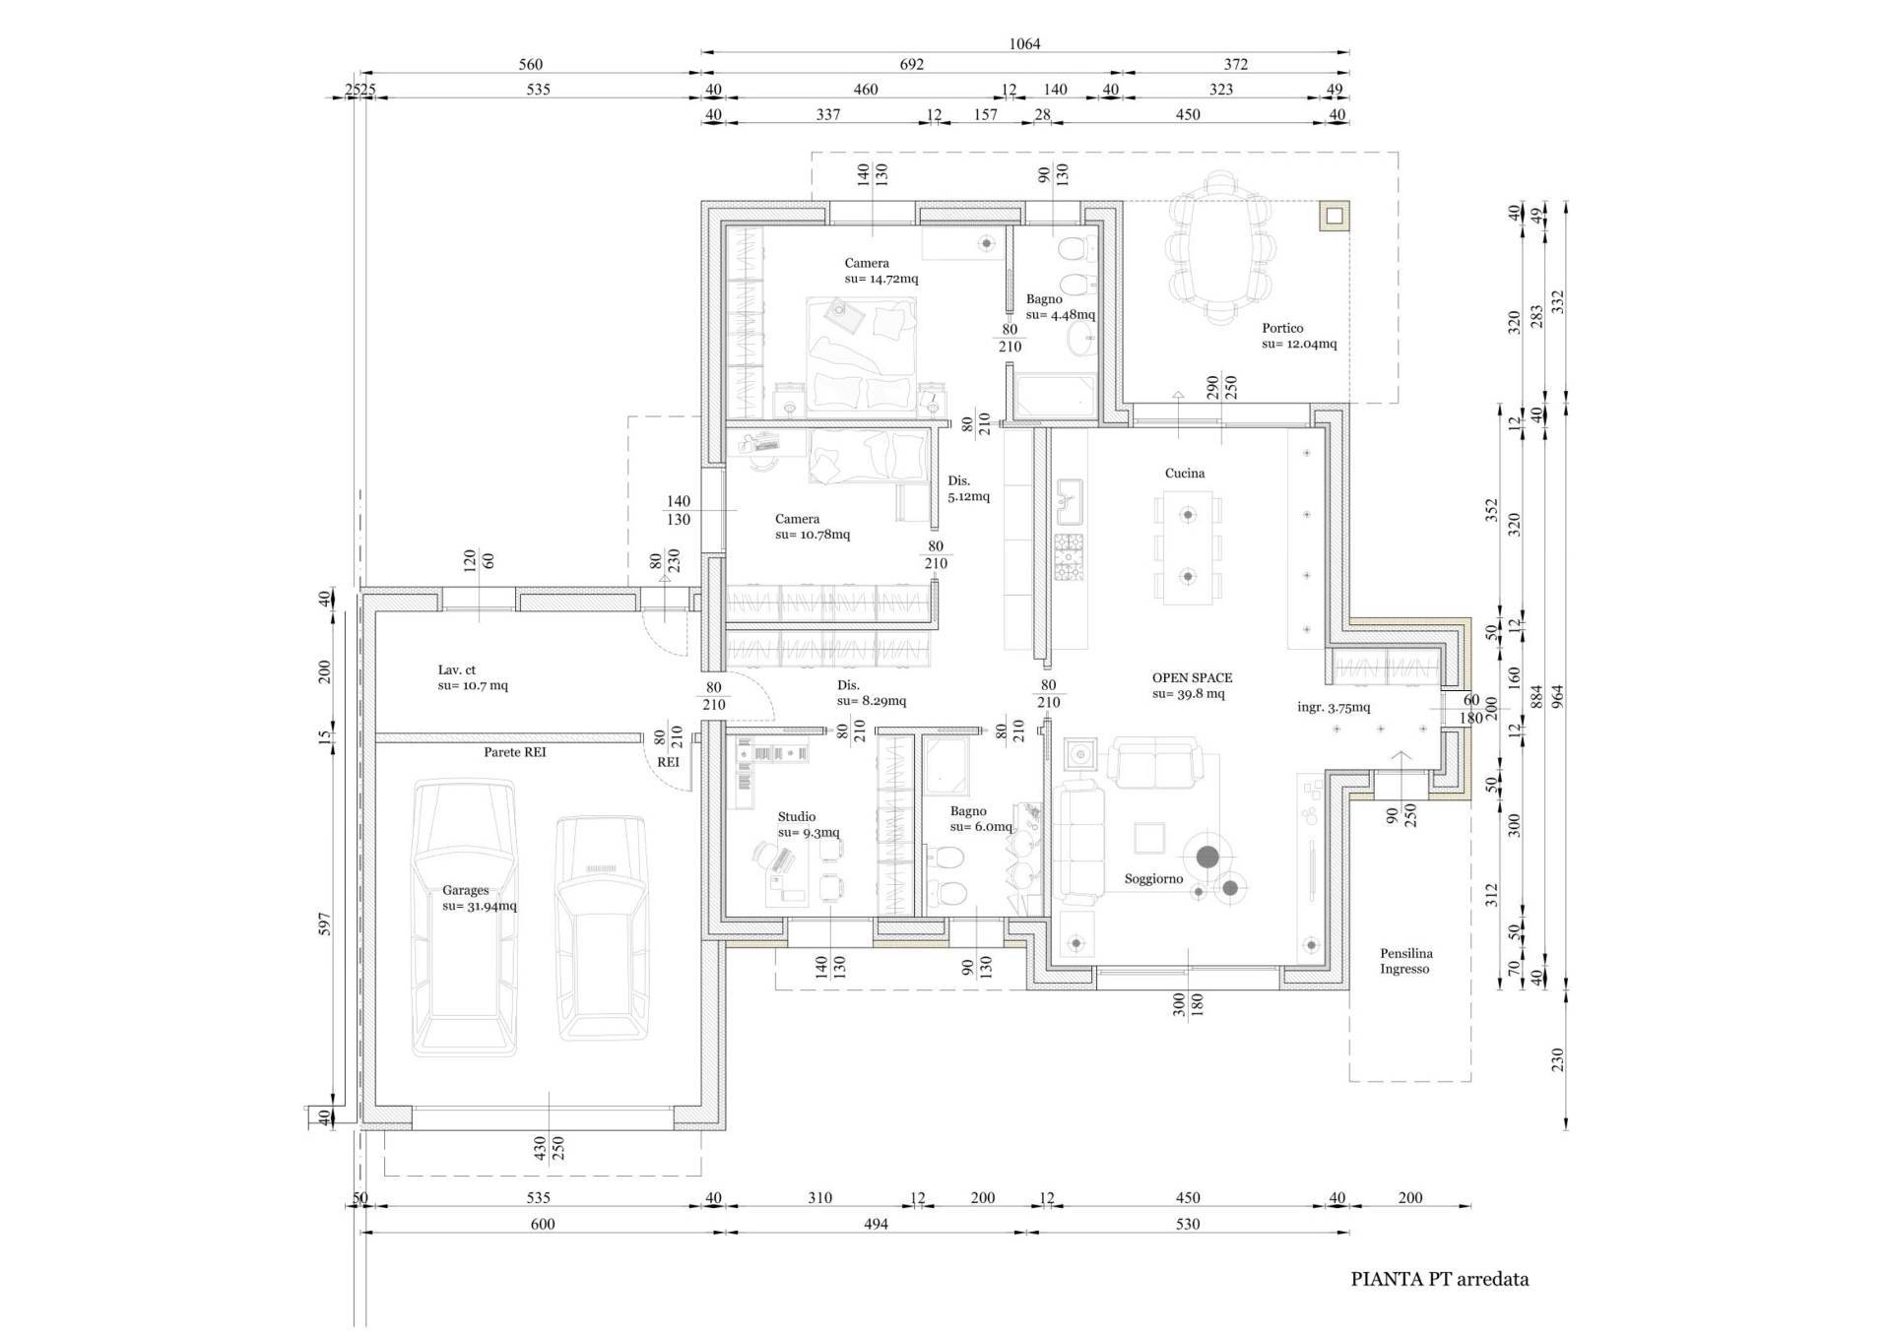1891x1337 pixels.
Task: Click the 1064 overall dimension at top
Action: coord(1024,43)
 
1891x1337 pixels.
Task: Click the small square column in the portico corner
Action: coord(1334,216)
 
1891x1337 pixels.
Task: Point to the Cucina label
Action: coord(1185,474)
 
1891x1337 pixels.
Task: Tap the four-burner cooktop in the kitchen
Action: coord(1069,557)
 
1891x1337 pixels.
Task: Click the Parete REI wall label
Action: coord(514,752)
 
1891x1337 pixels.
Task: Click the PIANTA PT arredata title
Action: coord(1439,1279)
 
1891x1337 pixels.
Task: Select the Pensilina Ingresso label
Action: coord(1405,961)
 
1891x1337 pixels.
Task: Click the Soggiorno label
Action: coord(1153,879)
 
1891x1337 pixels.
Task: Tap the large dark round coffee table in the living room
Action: coord(1207,857)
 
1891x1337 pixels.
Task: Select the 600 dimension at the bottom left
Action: coord(543,1224)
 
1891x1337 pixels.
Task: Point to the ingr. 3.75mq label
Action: coord(1333,707)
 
